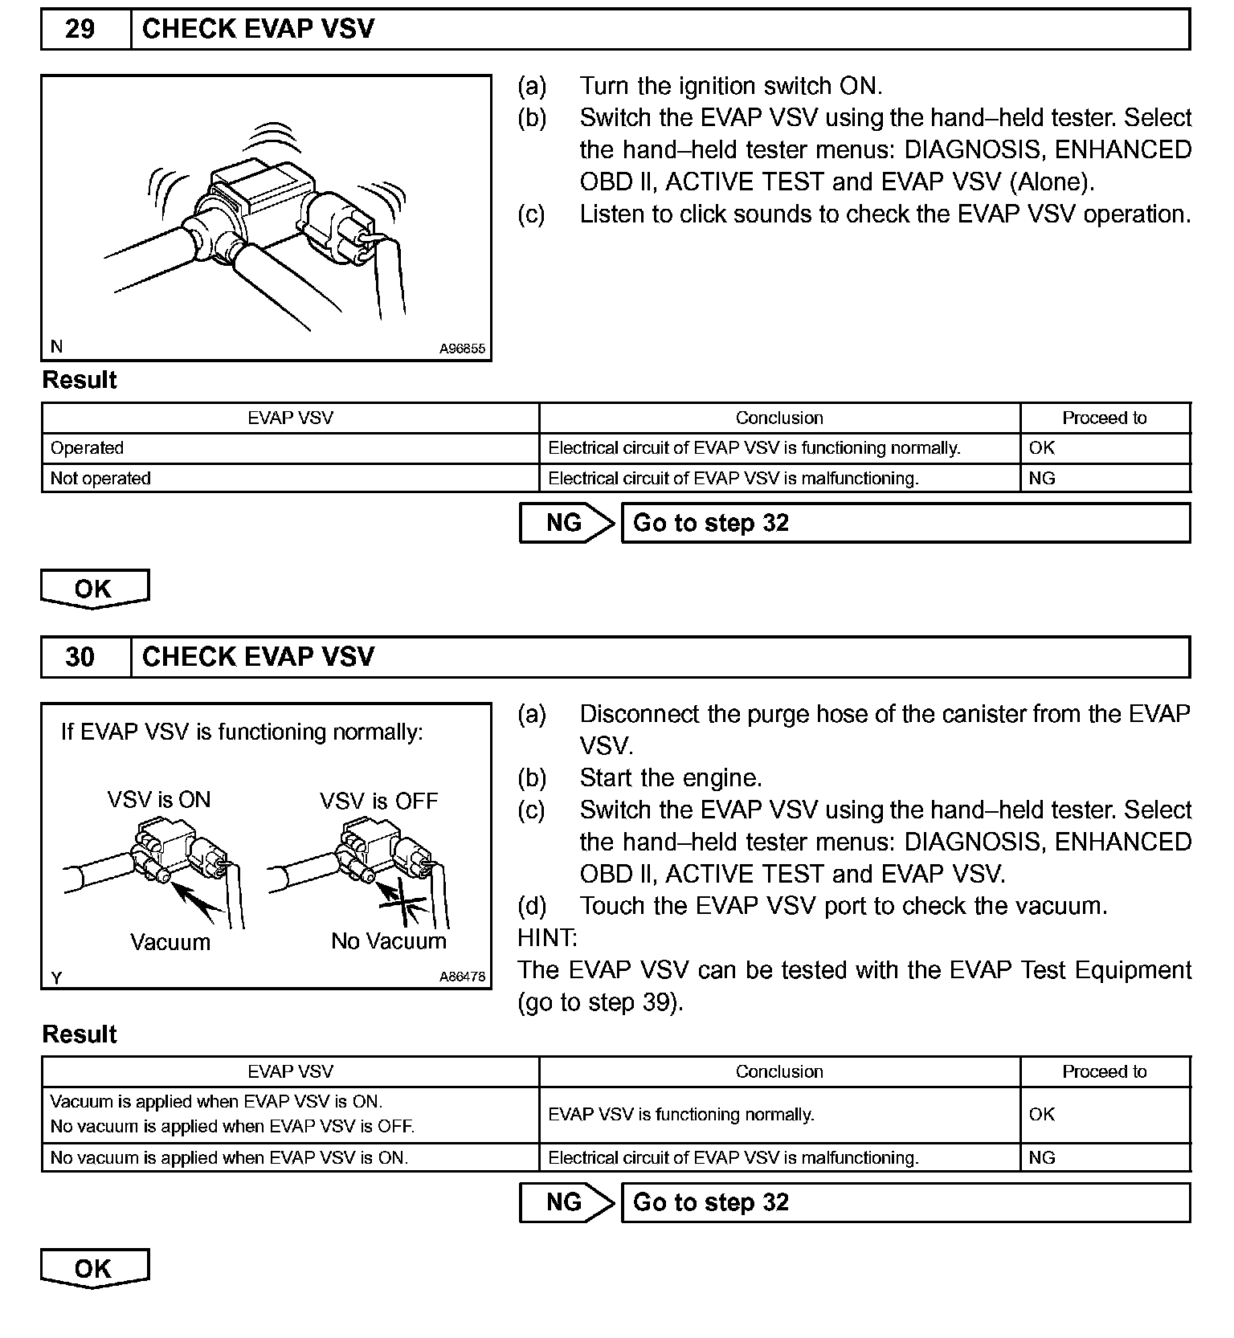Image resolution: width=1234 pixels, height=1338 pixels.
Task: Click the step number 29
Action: [x=80, y=30]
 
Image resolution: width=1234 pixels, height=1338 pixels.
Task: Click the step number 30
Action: [x=80, y=658]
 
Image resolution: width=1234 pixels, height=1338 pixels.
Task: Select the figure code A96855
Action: [x=462, y=349]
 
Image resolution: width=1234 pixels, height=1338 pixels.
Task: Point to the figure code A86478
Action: [x=462, y=977]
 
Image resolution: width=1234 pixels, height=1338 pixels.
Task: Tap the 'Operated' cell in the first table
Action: [x=87, y=448]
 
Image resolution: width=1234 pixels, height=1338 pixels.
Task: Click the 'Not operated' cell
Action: [x=100, y=479]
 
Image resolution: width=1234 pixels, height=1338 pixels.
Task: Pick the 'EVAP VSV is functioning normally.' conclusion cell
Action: [x=680, y=1115]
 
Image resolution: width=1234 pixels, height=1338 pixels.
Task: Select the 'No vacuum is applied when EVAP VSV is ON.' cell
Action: [x=229, y=1158]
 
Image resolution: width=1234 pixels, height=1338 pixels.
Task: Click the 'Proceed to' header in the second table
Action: [x=1104, y=1072]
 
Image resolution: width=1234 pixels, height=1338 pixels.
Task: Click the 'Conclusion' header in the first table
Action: [x=779, y=418]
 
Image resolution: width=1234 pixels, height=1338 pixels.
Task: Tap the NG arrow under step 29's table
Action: [x=566, y=524]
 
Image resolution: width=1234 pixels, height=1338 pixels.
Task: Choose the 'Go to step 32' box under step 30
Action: [x=905, y=1203]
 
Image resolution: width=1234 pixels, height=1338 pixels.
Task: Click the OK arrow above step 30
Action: [x=94, y=589]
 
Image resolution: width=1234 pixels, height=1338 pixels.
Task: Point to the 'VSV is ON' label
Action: [x=159, y=800]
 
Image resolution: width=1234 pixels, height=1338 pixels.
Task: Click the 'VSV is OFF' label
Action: [x=378, y=802]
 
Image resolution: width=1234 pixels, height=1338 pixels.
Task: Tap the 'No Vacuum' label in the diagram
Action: [x=389, y=941]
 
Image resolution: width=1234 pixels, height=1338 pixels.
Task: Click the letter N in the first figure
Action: [x=56, y=347]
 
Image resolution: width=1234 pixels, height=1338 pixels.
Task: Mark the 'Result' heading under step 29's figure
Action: [x=80, y=381]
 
